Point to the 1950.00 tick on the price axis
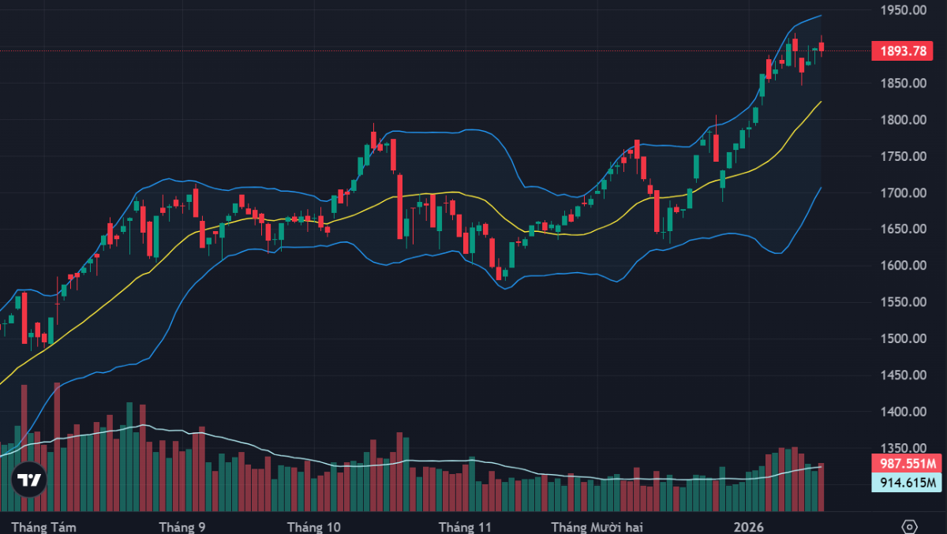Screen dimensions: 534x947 pyautogui.click(x=904, y=10)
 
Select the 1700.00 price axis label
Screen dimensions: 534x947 pyautogui.click(x=904, y=193)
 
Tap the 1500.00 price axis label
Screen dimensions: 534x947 pyautogui.click(x=904, y=339)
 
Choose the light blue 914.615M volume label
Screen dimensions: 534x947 pyautogui.click(x=909, y=483)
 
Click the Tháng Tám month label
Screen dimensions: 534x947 pyautogui.click(x=43, y=526)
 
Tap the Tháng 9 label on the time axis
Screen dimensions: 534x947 pyautogui.click(x=182, y=526)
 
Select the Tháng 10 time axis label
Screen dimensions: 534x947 pyautogui.click(x=314, y=526)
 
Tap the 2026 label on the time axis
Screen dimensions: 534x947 pyautogui.click(x=749, y=526)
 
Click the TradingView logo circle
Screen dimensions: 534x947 pyautogui.click(x=29, y=480)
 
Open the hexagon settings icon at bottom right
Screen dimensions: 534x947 pyautogui.click(x=909, y=526)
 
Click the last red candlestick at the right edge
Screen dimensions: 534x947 pyautogui.click(x=822, y=47)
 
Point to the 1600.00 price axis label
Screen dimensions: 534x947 pyautogui.click(x=904, y=266)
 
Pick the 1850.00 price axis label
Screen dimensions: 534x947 pyautogui.click(x=904, y=84)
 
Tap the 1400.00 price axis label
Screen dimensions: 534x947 pyautogui.click(x=904, y=412)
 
